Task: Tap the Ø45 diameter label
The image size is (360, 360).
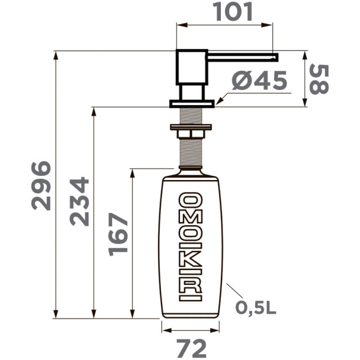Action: [259, 81]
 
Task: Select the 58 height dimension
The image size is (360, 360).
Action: [319, 79]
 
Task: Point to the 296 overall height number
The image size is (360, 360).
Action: [41, 185]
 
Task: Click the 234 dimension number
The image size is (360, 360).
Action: [79, 201]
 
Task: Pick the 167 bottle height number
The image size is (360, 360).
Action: [119, 233]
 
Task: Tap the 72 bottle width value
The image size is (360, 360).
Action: [191, 348]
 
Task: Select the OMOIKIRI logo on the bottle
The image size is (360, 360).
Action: [191, 246]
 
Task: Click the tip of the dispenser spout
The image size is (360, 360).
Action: [275, 57]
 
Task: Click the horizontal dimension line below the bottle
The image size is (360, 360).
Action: [191, 329]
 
